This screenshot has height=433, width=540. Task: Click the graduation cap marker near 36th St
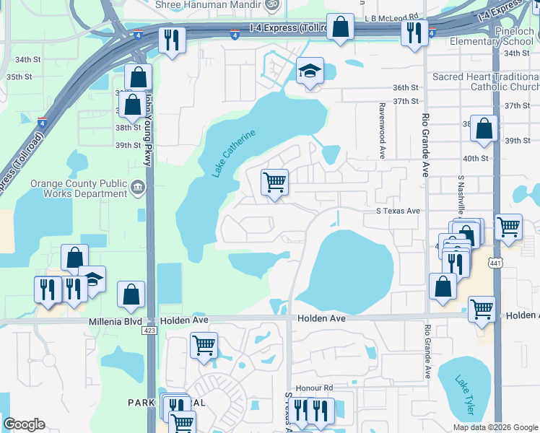tap(309, 72)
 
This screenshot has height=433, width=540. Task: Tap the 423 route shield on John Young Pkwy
tap(149, 330)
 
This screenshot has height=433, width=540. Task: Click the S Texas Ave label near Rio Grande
tap(397, 211)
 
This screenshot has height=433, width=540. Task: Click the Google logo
tap(24, 424)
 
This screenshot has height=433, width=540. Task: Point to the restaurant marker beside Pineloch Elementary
tap(414, 33)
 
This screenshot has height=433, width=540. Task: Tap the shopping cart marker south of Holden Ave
tap(204, 346)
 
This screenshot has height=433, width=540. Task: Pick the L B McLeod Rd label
tap(391, 15)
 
